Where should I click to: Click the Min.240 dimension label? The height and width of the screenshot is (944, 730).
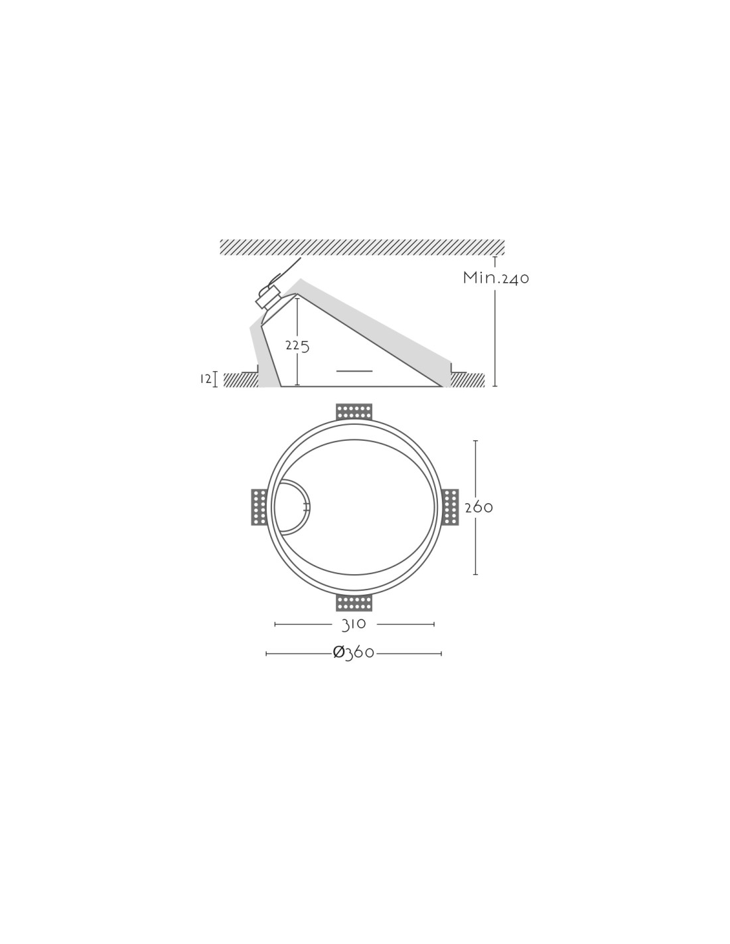(x=496, y=277)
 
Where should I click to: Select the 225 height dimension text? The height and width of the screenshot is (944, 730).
(x=297, y=346)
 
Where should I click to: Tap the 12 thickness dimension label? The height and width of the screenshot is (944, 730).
(x=206, y=379)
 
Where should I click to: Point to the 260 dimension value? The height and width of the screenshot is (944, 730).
(x=478, y=507)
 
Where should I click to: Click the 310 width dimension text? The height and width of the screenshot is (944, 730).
(x=354, y=624)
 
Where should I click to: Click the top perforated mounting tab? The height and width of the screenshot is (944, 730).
(x=354, y=412)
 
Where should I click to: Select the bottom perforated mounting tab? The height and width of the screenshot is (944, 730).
(x=354, y=603)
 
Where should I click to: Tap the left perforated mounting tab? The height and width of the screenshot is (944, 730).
(x=259, y=507)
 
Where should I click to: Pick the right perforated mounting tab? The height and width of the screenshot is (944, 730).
(x=451, y=507)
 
